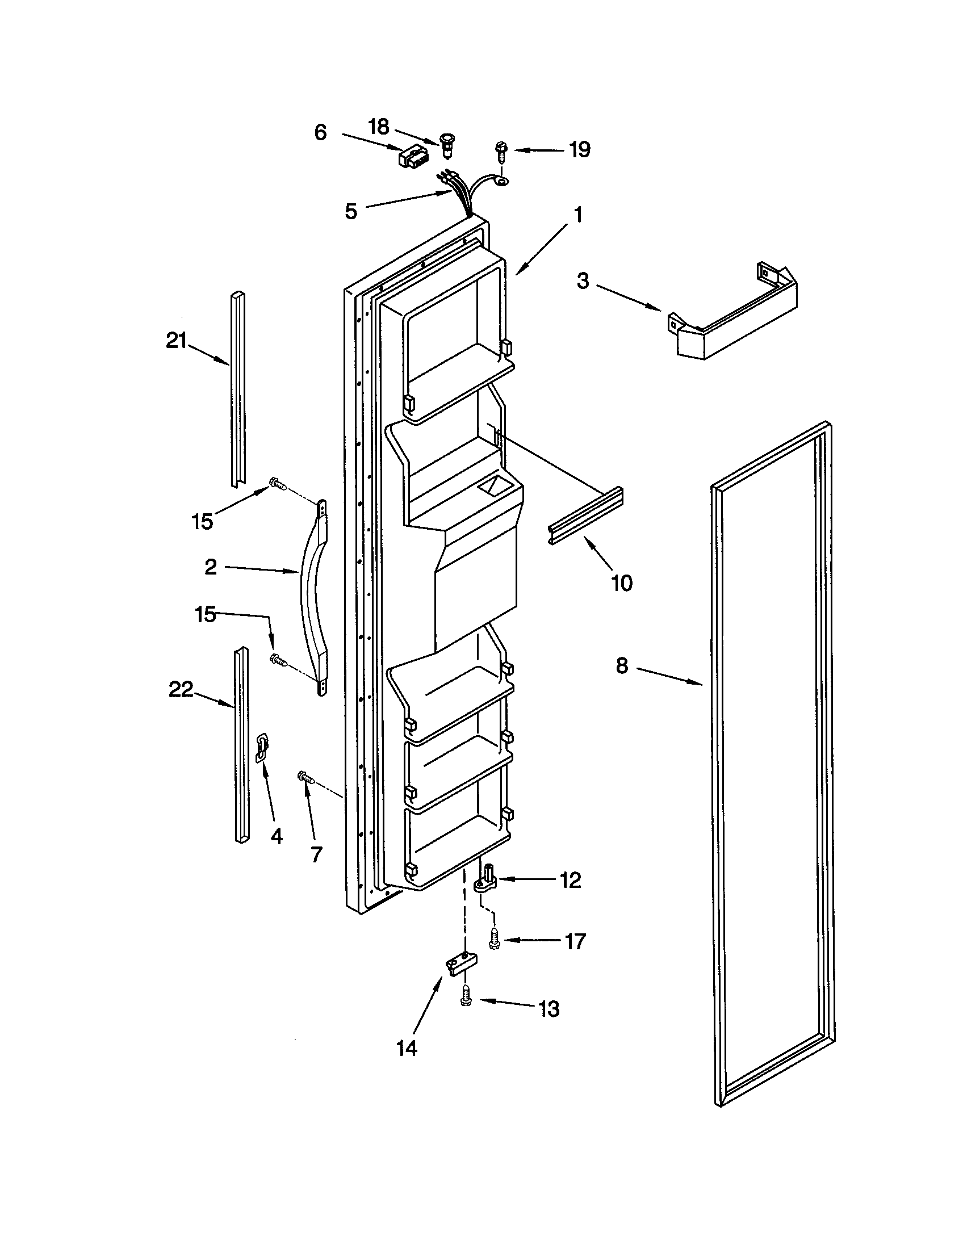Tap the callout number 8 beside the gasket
tap(622, 665)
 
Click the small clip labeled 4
tap(261, 747)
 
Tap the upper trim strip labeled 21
tap(238, 389)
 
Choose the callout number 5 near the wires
tap(351, 211)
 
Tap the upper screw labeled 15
tap(277, 484)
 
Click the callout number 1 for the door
tap(578, 215)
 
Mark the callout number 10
tap(622, 582)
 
